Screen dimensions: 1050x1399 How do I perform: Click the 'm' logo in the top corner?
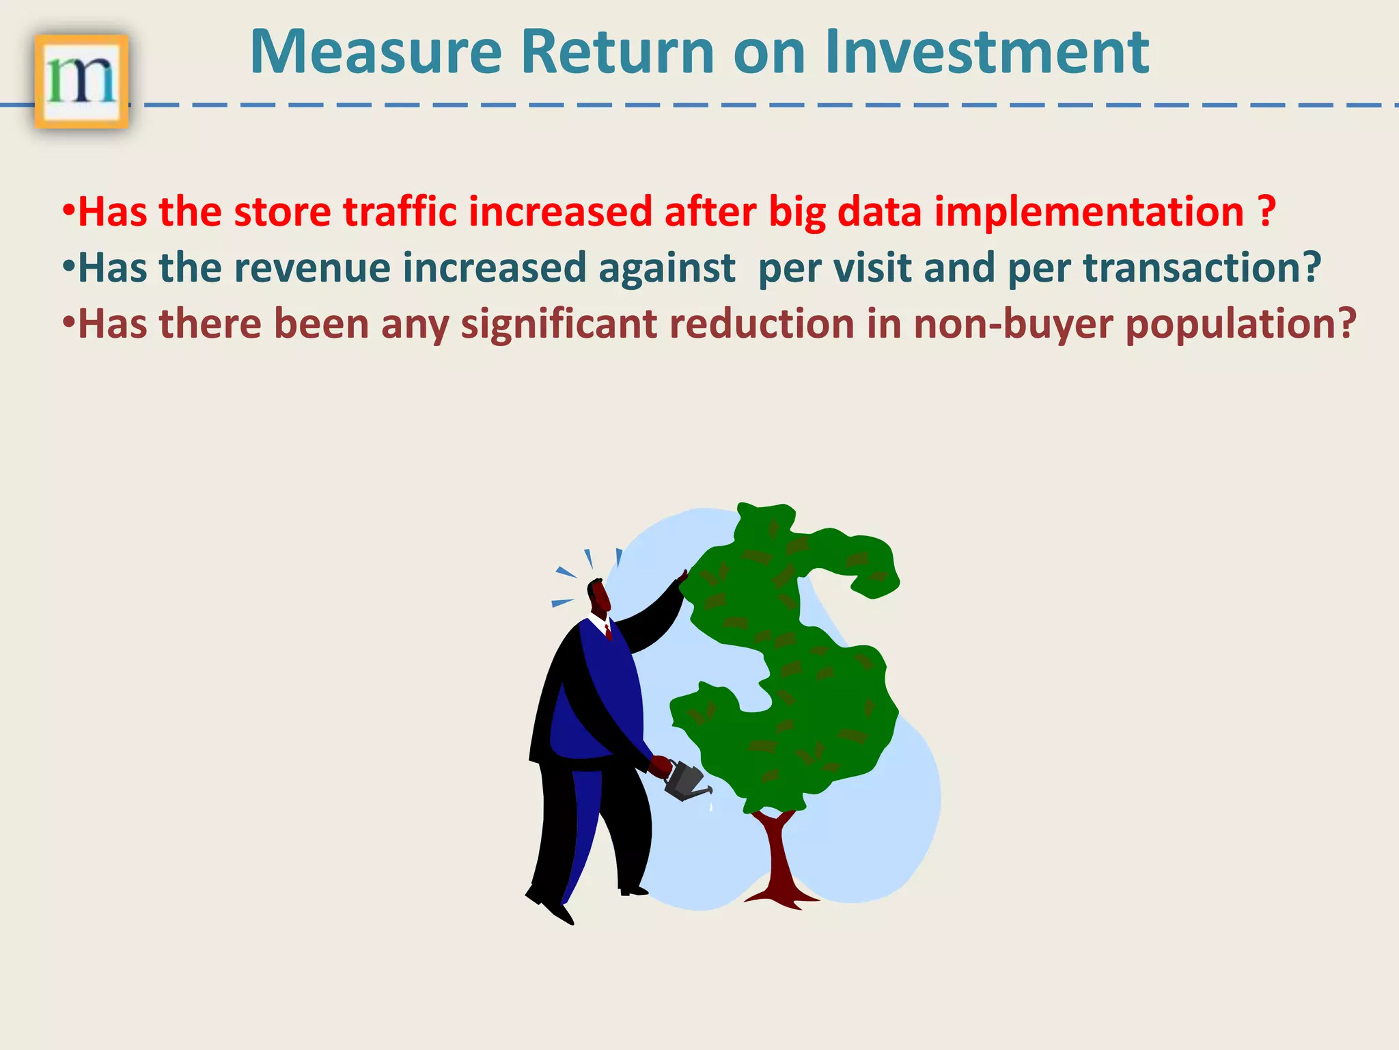[81, 81]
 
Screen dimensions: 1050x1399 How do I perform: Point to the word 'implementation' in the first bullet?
[1089, 213]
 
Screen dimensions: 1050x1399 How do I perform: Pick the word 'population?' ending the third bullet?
[1241, 324]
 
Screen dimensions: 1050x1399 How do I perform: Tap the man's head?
[598, 595]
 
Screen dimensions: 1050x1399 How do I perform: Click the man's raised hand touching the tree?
[682, 577]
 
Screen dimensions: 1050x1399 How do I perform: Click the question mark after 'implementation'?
[1266, 211]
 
